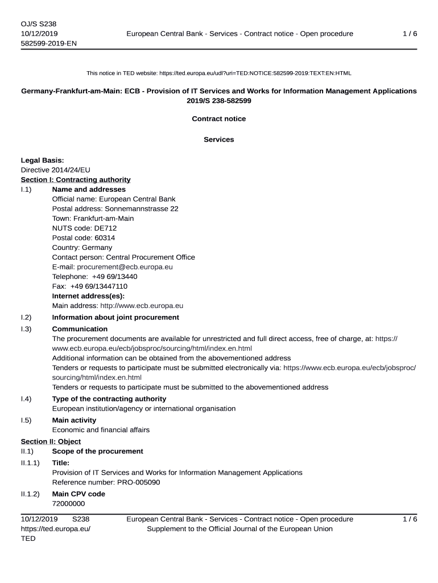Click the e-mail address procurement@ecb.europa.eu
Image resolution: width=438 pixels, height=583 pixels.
[x=125, y=266]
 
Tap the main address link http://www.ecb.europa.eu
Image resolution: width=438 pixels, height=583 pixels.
[x=142, y=306]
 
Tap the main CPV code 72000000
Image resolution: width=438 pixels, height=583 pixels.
[x=68, y=504]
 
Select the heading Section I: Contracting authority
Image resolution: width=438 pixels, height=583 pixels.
[x=76, y=180]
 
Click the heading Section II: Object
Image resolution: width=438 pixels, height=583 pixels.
[x=51, y=442]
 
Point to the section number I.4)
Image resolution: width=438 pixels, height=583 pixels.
[x=26, y=399]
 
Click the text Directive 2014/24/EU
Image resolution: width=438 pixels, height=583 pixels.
[x=56, y=170]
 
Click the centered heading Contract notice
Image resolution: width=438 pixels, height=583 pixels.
[x=219, y=119]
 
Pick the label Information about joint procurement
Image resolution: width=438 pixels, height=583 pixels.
[x=115, y=317]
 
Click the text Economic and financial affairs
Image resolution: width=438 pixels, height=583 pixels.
[x=101, y=430]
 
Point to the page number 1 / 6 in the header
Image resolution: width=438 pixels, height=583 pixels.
[x=410, y=34]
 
